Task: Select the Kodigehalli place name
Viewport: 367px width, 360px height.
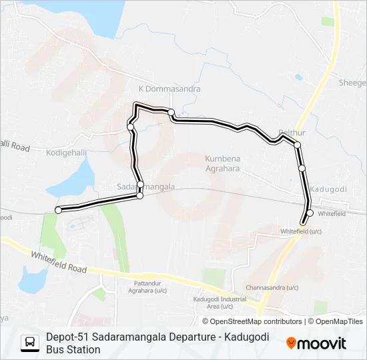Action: pos(66,153)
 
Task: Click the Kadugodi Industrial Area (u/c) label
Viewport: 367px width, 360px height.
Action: pos(215,303)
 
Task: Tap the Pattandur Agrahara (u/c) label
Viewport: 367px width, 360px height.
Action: pos(147,287)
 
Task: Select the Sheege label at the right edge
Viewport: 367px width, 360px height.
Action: pos(352,83)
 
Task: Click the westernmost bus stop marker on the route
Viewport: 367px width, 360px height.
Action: pos(58,210)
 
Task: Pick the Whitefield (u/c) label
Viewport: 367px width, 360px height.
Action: pos(301,231)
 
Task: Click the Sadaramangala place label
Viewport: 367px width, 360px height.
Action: pos(145,187)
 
